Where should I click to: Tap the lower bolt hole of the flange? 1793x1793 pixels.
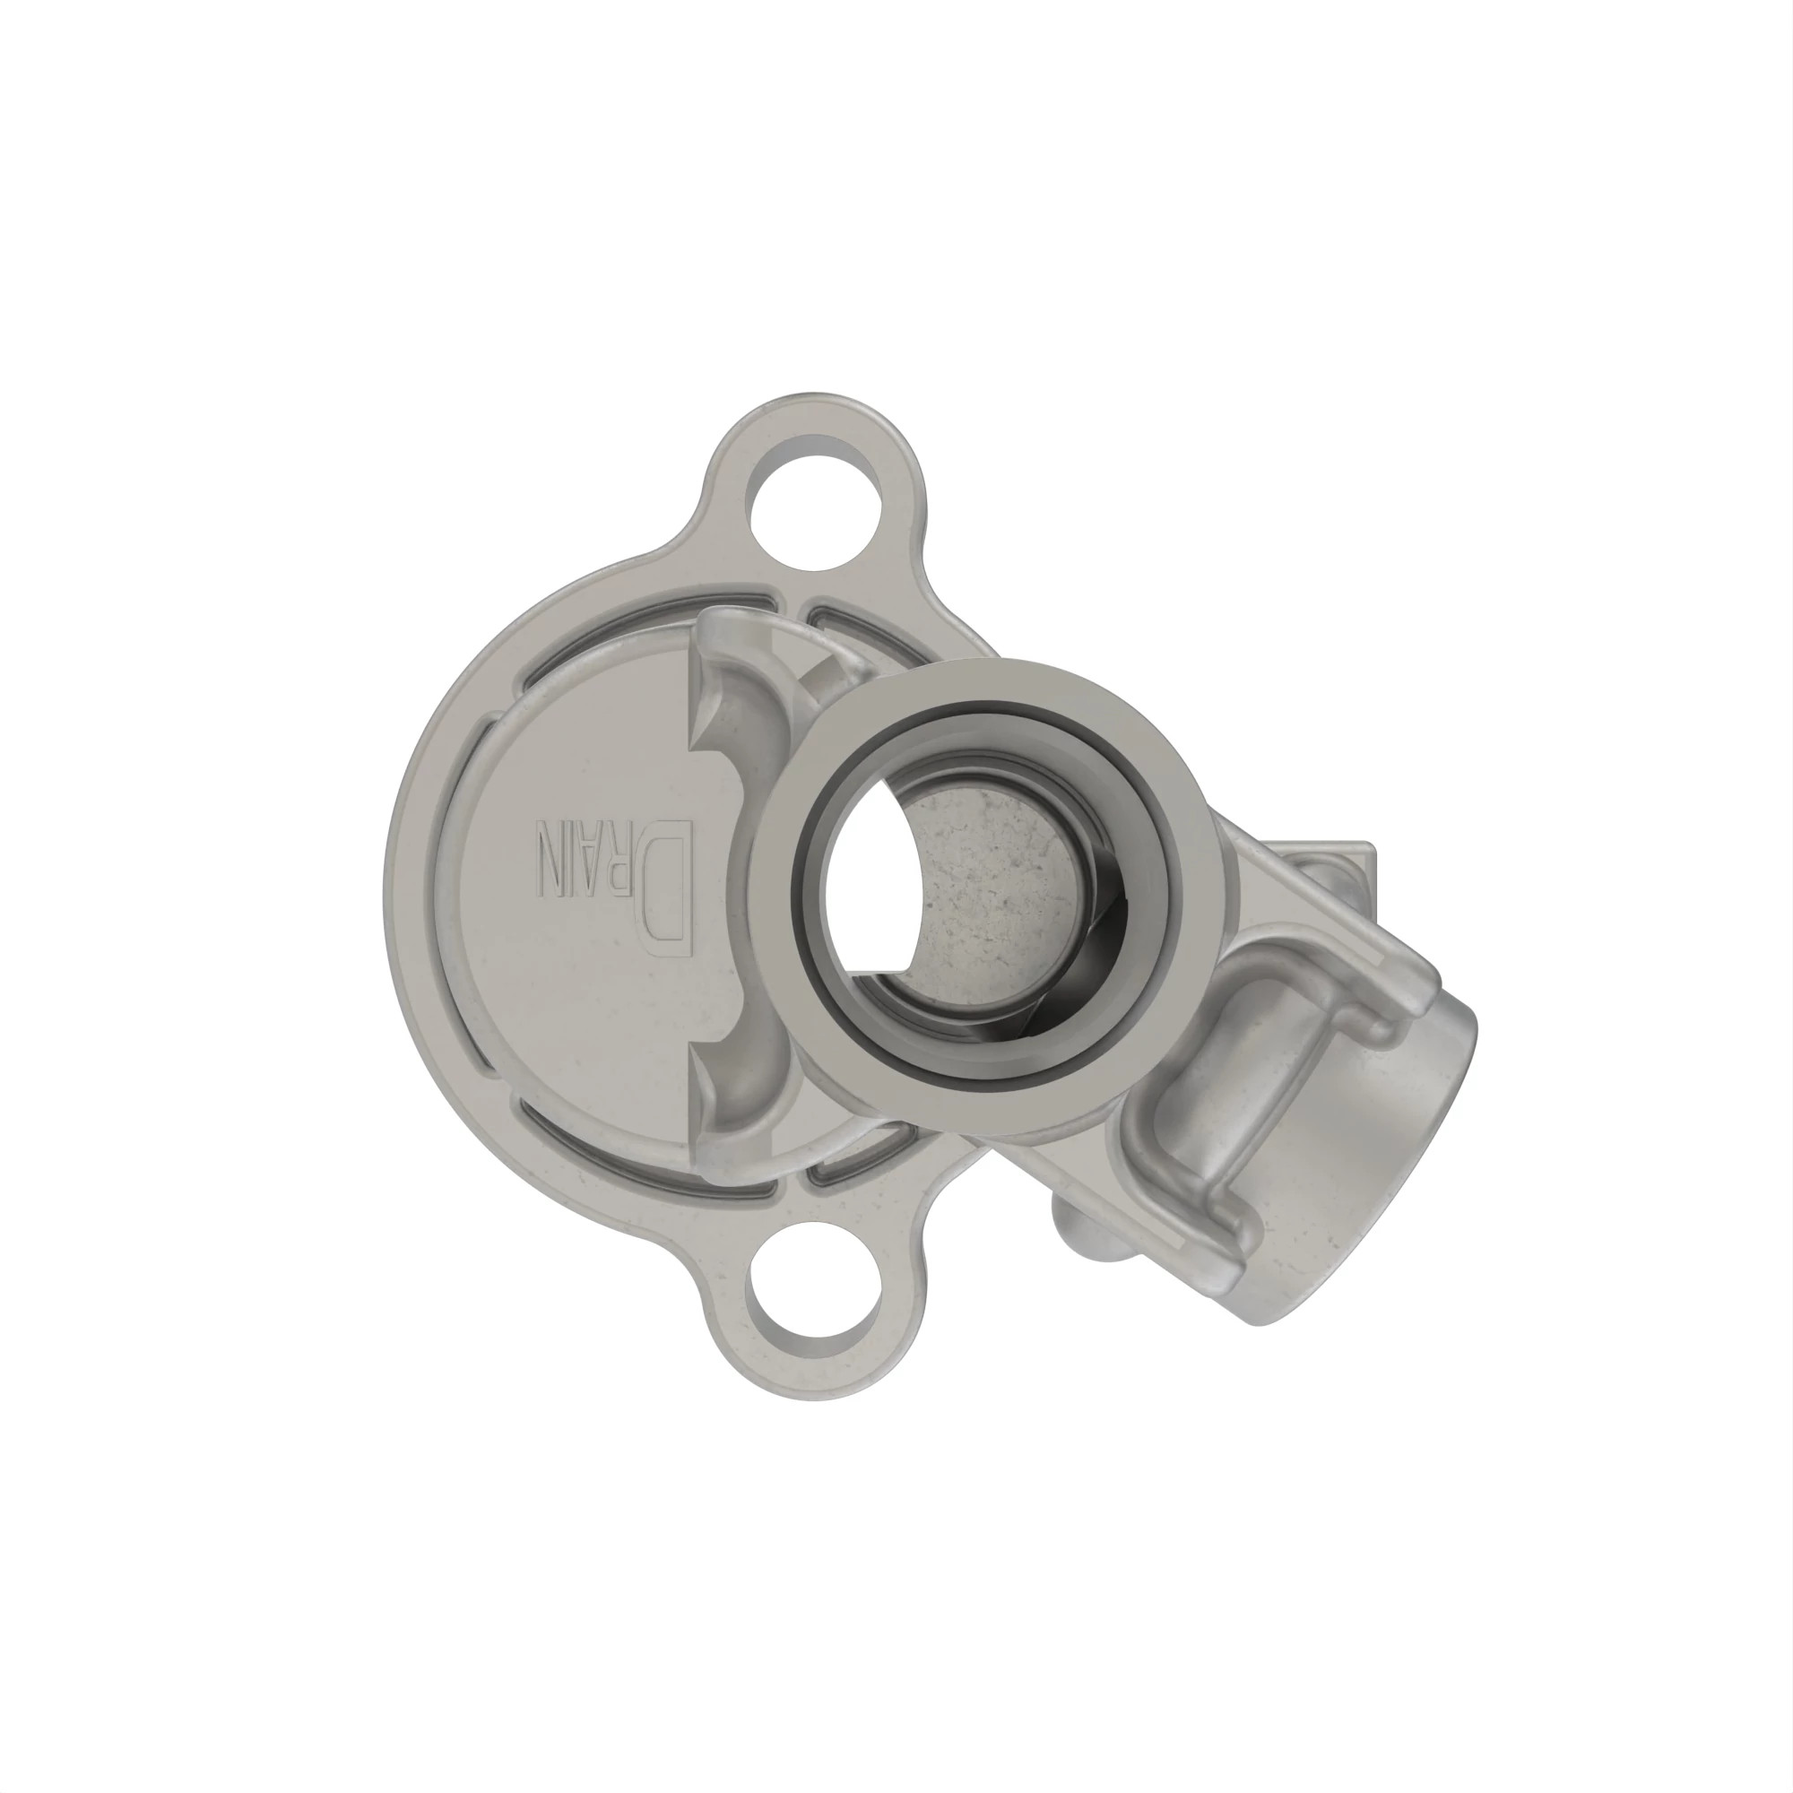[x=814, y=1291]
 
